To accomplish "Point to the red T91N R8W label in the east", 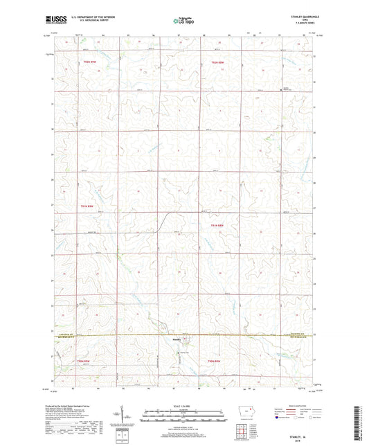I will [x=217, y=224].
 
